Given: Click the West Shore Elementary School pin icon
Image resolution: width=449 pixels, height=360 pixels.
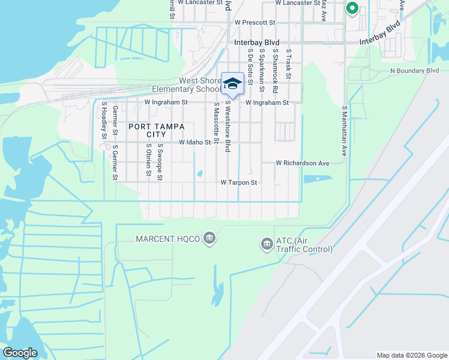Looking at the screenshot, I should point(232,84).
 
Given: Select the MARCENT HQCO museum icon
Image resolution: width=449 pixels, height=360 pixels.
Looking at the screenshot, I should point(209,239).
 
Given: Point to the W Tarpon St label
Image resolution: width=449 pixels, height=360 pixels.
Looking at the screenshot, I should point(239,182).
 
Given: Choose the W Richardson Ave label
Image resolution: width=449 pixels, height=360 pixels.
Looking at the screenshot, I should point(303,163).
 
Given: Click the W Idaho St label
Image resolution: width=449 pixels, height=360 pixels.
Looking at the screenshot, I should point(196,143).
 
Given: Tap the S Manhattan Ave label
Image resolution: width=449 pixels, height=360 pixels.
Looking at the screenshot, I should point(345,131).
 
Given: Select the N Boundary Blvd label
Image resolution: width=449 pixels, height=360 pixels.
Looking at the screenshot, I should point(414,71).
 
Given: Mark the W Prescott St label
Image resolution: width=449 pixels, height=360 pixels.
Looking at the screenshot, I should point(255,22).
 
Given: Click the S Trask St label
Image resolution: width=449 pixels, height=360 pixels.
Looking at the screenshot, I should point(288,64).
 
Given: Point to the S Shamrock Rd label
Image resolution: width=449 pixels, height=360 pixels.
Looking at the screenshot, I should point(275,70).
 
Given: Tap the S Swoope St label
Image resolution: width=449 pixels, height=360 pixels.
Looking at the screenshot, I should point(160,161).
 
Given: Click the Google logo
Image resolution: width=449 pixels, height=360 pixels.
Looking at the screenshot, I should point(20,353).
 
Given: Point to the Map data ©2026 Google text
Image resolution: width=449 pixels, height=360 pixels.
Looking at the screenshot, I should point(411,355).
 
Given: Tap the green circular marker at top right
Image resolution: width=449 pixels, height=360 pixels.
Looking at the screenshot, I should point(352,8).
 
